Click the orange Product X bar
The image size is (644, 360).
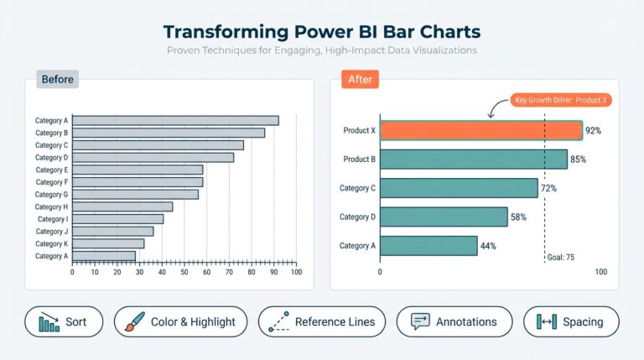[x=480, y=130]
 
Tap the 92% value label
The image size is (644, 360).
[x=593, y=131]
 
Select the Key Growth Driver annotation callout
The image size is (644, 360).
[x=562, y=100]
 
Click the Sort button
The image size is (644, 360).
[x=64, y=321]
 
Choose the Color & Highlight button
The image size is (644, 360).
[x=180, y=321]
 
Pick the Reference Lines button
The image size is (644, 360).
[x=322, y=321]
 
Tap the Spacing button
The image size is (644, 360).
[x=571, y=321]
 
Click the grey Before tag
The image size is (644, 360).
[x=57, y=80]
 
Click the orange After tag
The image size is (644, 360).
[x=361, y=80]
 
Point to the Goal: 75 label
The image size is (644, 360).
[x=559, y=258]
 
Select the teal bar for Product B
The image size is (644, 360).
[x=473, y=159]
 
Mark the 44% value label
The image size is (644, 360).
[x=488, y=246]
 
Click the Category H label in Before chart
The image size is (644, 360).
[x=51, y=206]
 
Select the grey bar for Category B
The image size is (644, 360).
[x=169, y=133]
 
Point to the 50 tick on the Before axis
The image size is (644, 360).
[x=184, y=273]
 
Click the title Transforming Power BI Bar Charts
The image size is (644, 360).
[x=322, y=32]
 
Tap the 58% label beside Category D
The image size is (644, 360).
[x=518, y=217]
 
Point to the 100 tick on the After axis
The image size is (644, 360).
[x=600, y=273]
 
